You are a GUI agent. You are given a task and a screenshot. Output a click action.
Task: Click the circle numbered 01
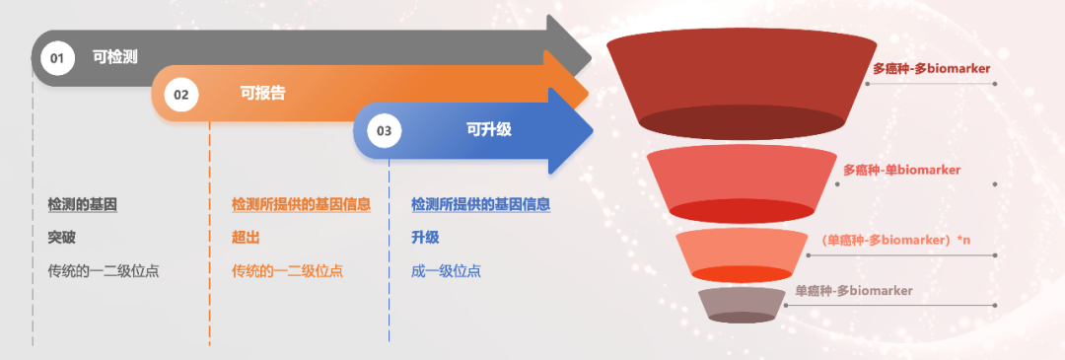coord(57,58)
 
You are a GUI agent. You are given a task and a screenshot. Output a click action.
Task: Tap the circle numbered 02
coord(181,95)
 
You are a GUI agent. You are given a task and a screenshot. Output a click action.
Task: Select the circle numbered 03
coord(385,131)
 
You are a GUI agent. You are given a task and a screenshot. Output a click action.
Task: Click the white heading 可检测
coord(115,57)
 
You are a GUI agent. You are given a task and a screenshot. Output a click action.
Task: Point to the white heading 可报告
coord(263,93)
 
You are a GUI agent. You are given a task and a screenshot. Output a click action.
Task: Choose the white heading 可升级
coord(488,129)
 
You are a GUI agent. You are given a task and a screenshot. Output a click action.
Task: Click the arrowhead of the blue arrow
coord(571,130)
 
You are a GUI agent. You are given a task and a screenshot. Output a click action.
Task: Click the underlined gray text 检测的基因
coord(82,204)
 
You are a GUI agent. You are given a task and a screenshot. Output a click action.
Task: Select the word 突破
coord(62,238)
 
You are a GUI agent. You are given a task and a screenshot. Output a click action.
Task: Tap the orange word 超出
coord(246,238)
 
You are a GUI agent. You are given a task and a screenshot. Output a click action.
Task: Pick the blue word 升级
coord(425,238)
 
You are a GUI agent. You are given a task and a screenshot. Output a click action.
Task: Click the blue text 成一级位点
coord(446,271)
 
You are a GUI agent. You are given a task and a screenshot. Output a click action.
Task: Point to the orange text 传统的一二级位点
coord(287,271)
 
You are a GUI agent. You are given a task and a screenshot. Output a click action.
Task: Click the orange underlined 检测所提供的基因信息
coord(301,204)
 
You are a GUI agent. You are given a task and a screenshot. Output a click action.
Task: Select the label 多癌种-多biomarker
coord(931,69)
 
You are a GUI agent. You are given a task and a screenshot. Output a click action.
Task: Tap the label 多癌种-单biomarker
coord(902,170)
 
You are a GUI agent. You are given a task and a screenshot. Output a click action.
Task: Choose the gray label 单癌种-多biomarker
coord(854,291)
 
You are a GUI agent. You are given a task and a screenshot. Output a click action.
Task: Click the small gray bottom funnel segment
coord(742,305)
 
